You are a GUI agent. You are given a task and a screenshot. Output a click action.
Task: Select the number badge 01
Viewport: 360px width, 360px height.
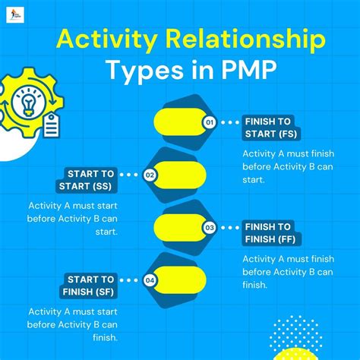click(210, 122)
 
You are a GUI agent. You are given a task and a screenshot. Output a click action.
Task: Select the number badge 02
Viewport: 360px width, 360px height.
click(150, 175)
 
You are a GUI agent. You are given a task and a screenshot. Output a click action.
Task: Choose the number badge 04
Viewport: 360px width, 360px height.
click(150, 280)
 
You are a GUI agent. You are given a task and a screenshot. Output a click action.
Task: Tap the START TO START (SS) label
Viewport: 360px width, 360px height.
click(87, 180)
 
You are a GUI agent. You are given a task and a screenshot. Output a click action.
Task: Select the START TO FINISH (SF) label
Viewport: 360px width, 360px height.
click(87, 285)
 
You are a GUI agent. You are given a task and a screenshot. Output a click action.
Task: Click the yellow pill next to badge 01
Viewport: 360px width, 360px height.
click(179, 122)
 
